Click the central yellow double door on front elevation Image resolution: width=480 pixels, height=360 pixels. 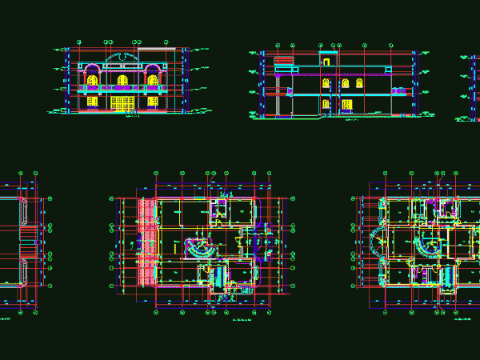click(x=122, y=103)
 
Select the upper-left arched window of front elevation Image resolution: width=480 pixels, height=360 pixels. click(x=93, y=80)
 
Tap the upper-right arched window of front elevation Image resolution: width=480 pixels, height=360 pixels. click(x=152, y=80)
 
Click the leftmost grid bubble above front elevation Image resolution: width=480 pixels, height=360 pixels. click(x=78, y=42)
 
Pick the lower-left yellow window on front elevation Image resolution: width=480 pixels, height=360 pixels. click(x=93, y=102)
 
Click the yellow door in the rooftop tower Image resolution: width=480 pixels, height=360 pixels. click(x=326, y=61)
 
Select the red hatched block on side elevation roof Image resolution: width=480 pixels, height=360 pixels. click(x=282, y=59)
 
